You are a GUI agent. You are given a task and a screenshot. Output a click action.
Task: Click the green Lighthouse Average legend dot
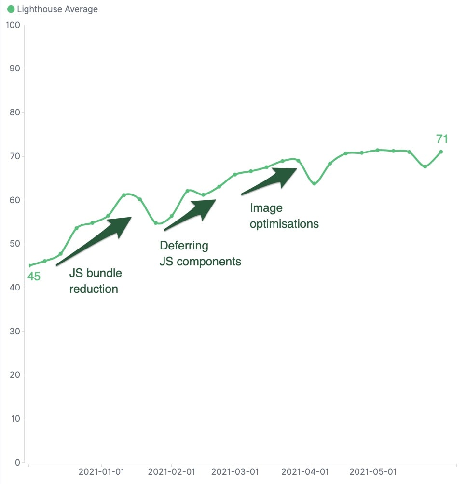click(x=11, y=9)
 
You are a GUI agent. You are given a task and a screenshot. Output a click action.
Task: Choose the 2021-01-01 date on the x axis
click(x=101, y=471)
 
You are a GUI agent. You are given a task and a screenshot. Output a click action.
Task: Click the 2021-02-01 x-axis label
click(x=171, y=471)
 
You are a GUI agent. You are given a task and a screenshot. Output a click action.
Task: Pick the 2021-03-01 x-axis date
click(x=235, y=471)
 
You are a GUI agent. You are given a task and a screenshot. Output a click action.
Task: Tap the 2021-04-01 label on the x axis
click(x=305, y=471)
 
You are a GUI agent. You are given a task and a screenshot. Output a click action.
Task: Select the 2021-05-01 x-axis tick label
click(x=373, y=471)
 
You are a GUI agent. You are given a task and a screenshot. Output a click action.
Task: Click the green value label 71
click(x=442, y=139)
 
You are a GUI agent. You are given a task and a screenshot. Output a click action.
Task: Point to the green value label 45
click(x=33, y=277)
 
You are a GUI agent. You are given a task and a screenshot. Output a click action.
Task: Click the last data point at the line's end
click(x=441, y=152)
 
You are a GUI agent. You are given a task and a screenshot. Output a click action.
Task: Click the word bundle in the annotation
click(x=104, y=273)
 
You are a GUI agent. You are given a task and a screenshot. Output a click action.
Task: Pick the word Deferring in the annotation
click(x=184, y=246)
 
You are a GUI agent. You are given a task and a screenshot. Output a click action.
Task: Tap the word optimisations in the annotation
click(x=284, y=224)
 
